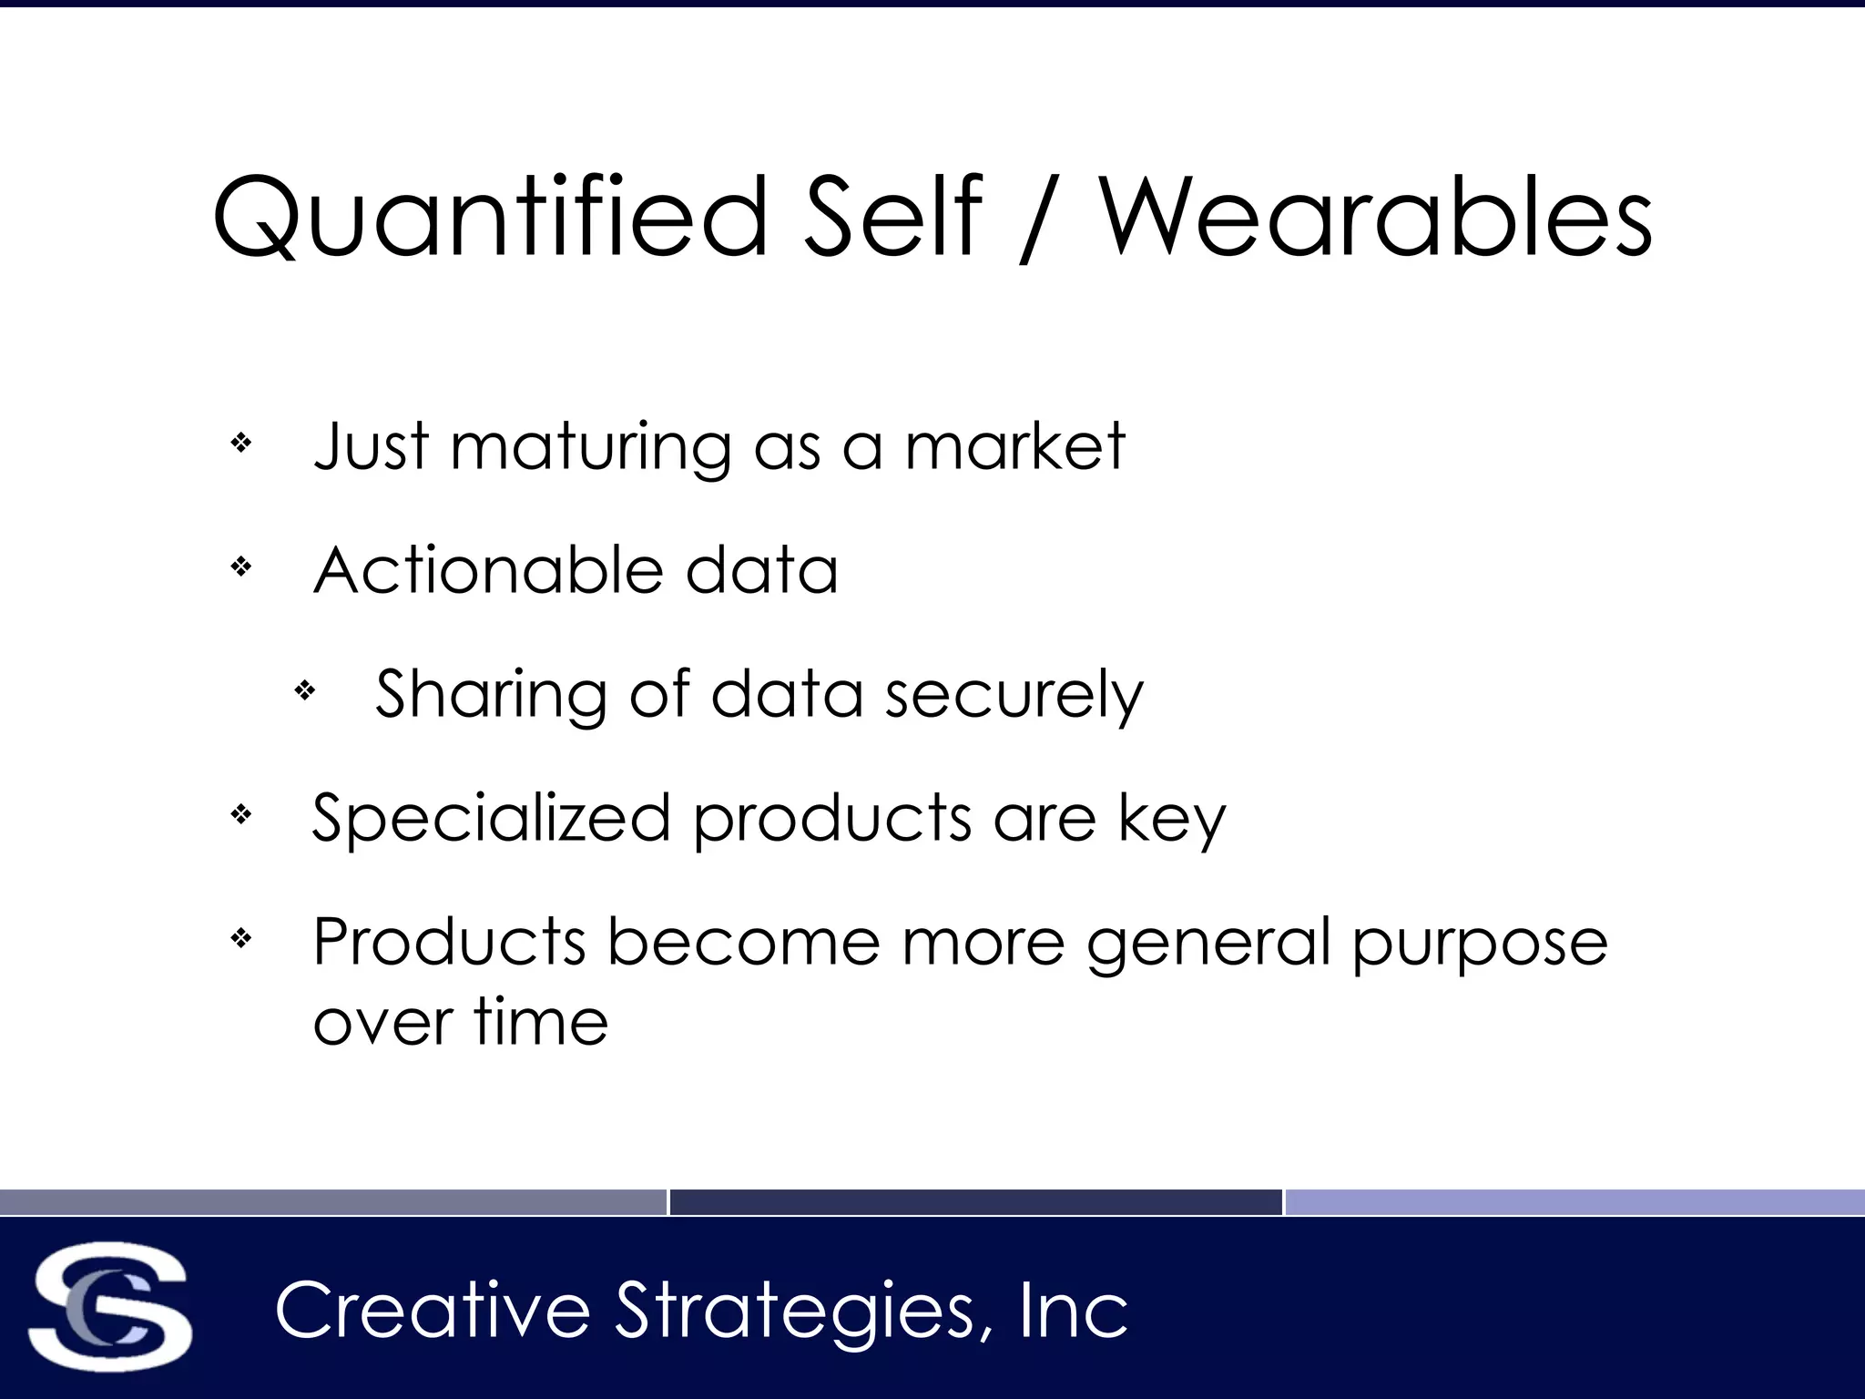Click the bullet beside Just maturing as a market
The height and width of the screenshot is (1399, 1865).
241,444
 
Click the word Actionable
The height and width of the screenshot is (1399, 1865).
487,571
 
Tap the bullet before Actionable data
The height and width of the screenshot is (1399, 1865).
241,567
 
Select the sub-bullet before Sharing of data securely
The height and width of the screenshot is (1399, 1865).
305,691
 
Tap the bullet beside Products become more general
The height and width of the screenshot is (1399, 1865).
241,937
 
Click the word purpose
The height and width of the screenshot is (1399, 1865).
1479,944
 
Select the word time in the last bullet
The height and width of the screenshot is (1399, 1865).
541,1022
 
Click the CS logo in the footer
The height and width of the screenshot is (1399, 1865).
110,1306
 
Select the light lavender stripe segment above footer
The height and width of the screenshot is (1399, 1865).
1574,1202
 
